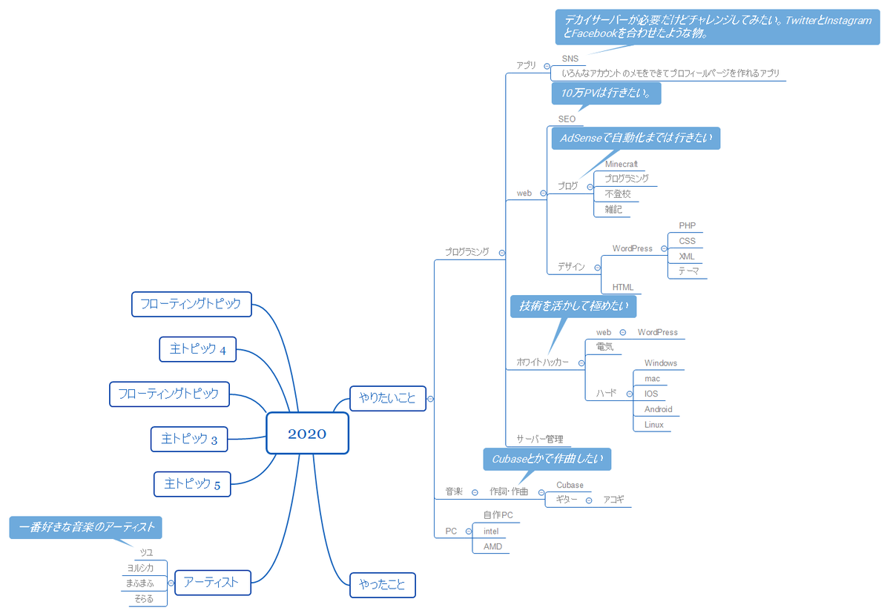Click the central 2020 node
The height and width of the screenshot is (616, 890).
(x=307, y=434)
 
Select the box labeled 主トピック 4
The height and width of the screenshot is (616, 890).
(x=197, y=349)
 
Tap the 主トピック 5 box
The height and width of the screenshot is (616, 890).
(x=192, y=484)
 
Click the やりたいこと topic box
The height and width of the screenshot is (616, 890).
(x=387, y=398)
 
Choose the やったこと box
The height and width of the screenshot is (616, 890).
(x=382, y=585)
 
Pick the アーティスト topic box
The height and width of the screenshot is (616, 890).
(x=211, y=582)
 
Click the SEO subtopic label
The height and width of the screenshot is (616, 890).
(x=567, y=119)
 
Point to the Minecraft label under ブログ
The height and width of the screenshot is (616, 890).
(x=621, y=164)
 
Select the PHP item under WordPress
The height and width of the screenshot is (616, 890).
(x=687, y=226)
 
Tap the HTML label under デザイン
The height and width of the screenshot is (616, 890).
(x=622, y=287)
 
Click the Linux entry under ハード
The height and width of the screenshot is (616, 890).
(x=654, y=425)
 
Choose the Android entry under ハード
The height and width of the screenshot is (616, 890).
(x=658, y=409)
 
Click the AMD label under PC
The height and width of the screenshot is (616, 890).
(x=492, y=546)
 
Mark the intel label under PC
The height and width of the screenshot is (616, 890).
(x=491, y=531)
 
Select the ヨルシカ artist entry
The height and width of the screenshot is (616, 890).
(x=145, y=568)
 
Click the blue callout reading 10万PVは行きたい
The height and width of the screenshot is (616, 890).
(x=606, y=93)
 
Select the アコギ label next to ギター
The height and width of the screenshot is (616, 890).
(x=613, y=500)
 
